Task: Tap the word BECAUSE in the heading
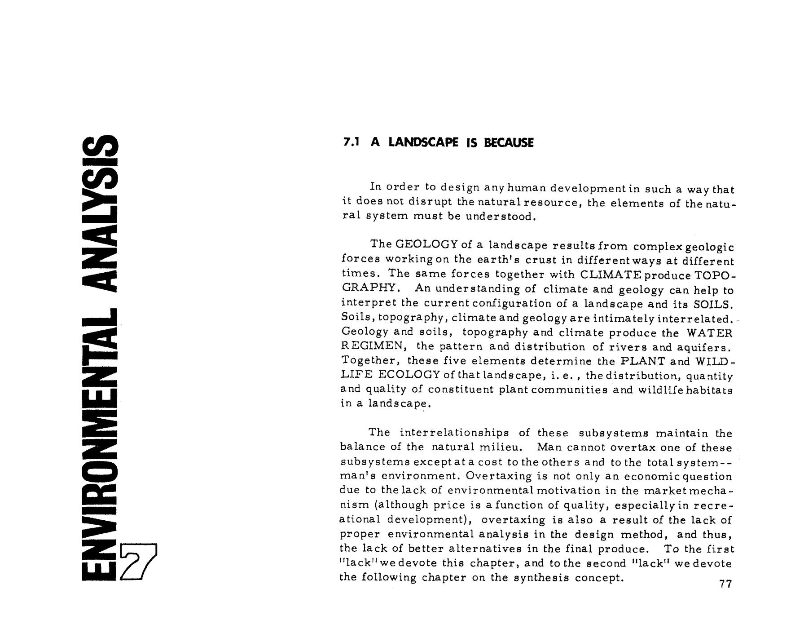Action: tap(509, 142)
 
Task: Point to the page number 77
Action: tap(725, 584)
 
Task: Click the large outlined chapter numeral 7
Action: tap(139, 562)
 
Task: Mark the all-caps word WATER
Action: tap(709, 333)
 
